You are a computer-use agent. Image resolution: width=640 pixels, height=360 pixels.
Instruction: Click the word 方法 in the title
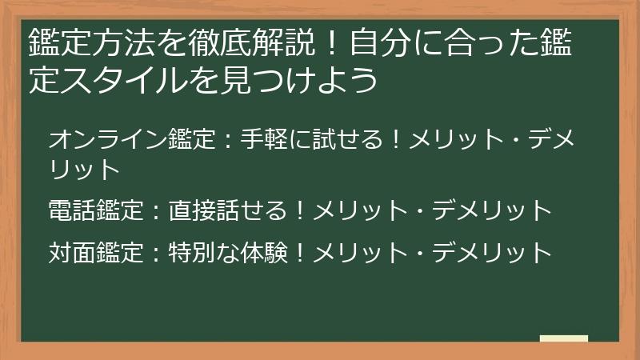pyautogui.click(x=125, y=42)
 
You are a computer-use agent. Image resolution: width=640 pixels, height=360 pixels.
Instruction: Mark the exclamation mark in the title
pyautogui.click(x=332, y=42)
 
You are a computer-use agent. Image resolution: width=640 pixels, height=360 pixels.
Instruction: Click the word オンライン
pyautogui.click(x=108, y=138)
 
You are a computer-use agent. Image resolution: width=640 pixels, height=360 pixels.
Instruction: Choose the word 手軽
pyautogui.click(x=264, y=138)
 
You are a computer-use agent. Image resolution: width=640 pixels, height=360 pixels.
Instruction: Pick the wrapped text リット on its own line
pyautogui.click(x=85, y=169)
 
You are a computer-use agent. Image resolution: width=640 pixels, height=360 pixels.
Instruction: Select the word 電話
pyautogui.click(x=72, y=210)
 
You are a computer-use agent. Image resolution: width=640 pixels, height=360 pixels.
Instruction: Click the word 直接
pyautogui.click(x=192, y=210)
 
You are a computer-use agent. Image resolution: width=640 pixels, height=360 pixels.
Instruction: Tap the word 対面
pyautogui.click(x=72, y=252)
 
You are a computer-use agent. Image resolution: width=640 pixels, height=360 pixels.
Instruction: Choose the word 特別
pyautogui.click(x=192, y=252)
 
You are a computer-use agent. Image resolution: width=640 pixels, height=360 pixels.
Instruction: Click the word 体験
pyautogui.click(x=264, y=252)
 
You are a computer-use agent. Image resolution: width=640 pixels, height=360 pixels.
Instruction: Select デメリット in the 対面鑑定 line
pyautogui.click(x=492, y=252)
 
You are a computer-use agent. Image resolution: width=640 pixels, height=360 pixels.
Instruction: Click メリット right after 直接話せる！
pyautogui.click(x=361, y=210)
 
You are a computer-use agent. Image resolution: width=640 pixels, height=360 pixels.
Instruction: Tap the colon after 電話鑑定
pyautogui.click(x=156, y=212)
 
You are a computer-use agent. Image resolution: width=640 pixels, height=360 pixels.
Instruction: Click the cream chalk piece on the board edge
pyautogui.click(x=564, y=338)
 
